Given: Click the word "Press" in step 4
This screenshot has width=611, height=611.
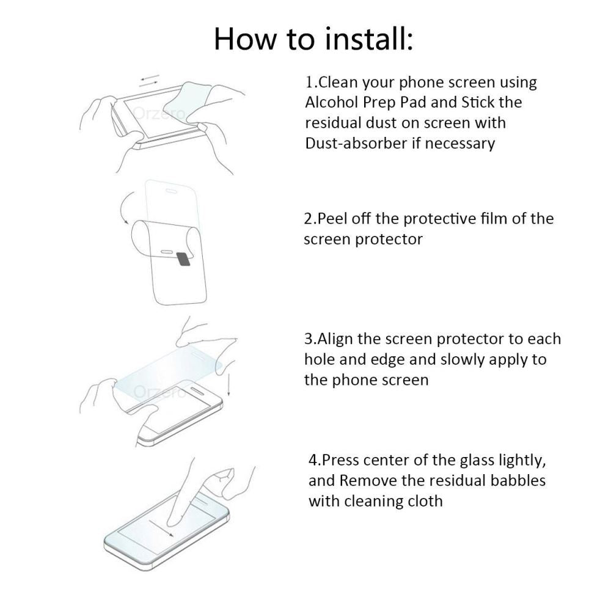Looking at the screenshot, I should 340,459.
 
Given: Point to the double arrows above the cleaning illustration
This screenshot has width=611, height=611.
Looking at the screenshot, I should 150,80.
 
